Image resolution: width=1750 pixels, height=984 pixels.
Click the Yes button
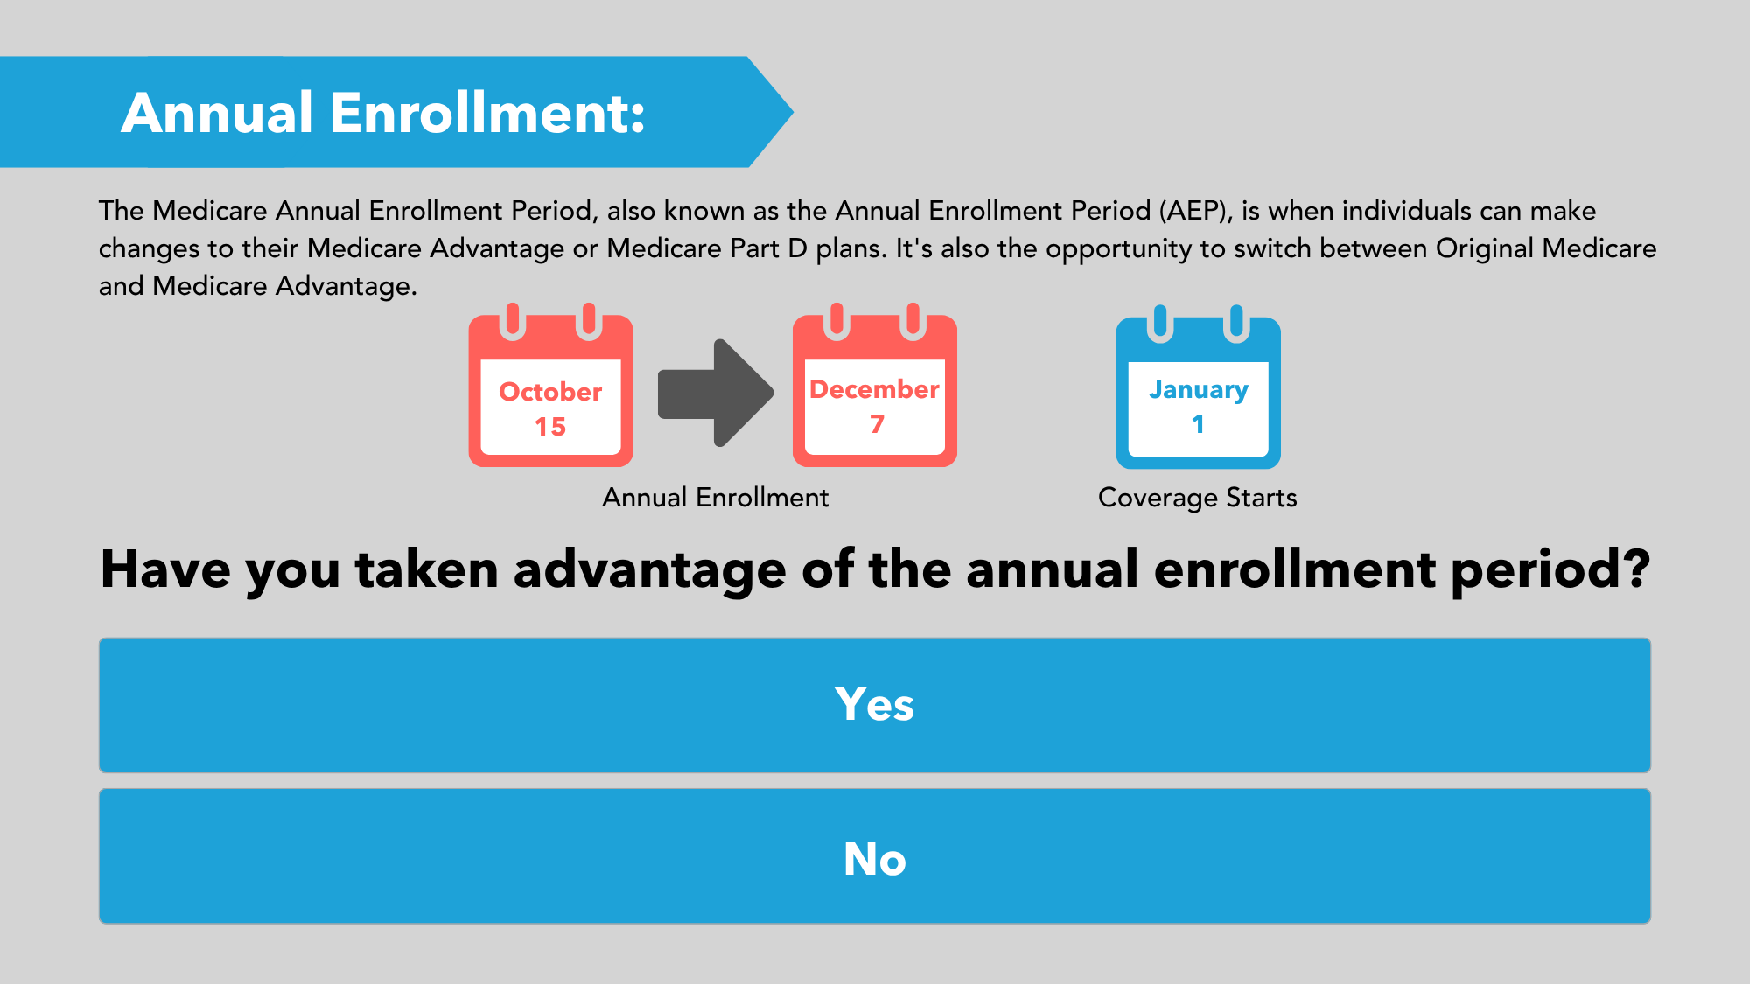(875, 705)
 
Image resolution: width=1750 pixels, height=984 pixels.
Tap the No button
(875, 856)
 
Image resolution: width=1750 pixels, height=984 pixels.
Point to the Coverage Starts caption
(1198, 498)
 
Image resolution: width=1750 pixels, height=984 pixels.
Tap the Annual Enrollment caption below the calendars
(715, 498)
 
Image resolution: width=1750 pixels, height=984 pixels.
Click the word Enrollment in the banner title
(487, 113)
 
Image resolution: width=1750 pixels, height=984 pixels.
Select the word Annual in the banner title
(217, 113)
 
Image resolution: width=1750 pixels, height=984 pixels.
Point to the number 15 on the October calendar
(550, 427)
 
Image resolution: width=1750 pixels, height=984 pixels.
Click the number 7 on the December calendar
(877, 424)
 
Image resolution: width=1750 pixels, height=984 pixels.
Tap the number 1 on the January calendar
(1198, 424)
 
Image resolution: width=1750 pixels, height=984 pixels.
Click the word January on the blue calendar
(1199, 390)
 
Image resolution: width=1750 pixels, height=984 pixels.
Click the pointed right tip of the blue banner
(793, 112)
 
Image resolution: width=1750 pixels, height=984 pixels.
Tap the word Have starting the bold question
(166, 569)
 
